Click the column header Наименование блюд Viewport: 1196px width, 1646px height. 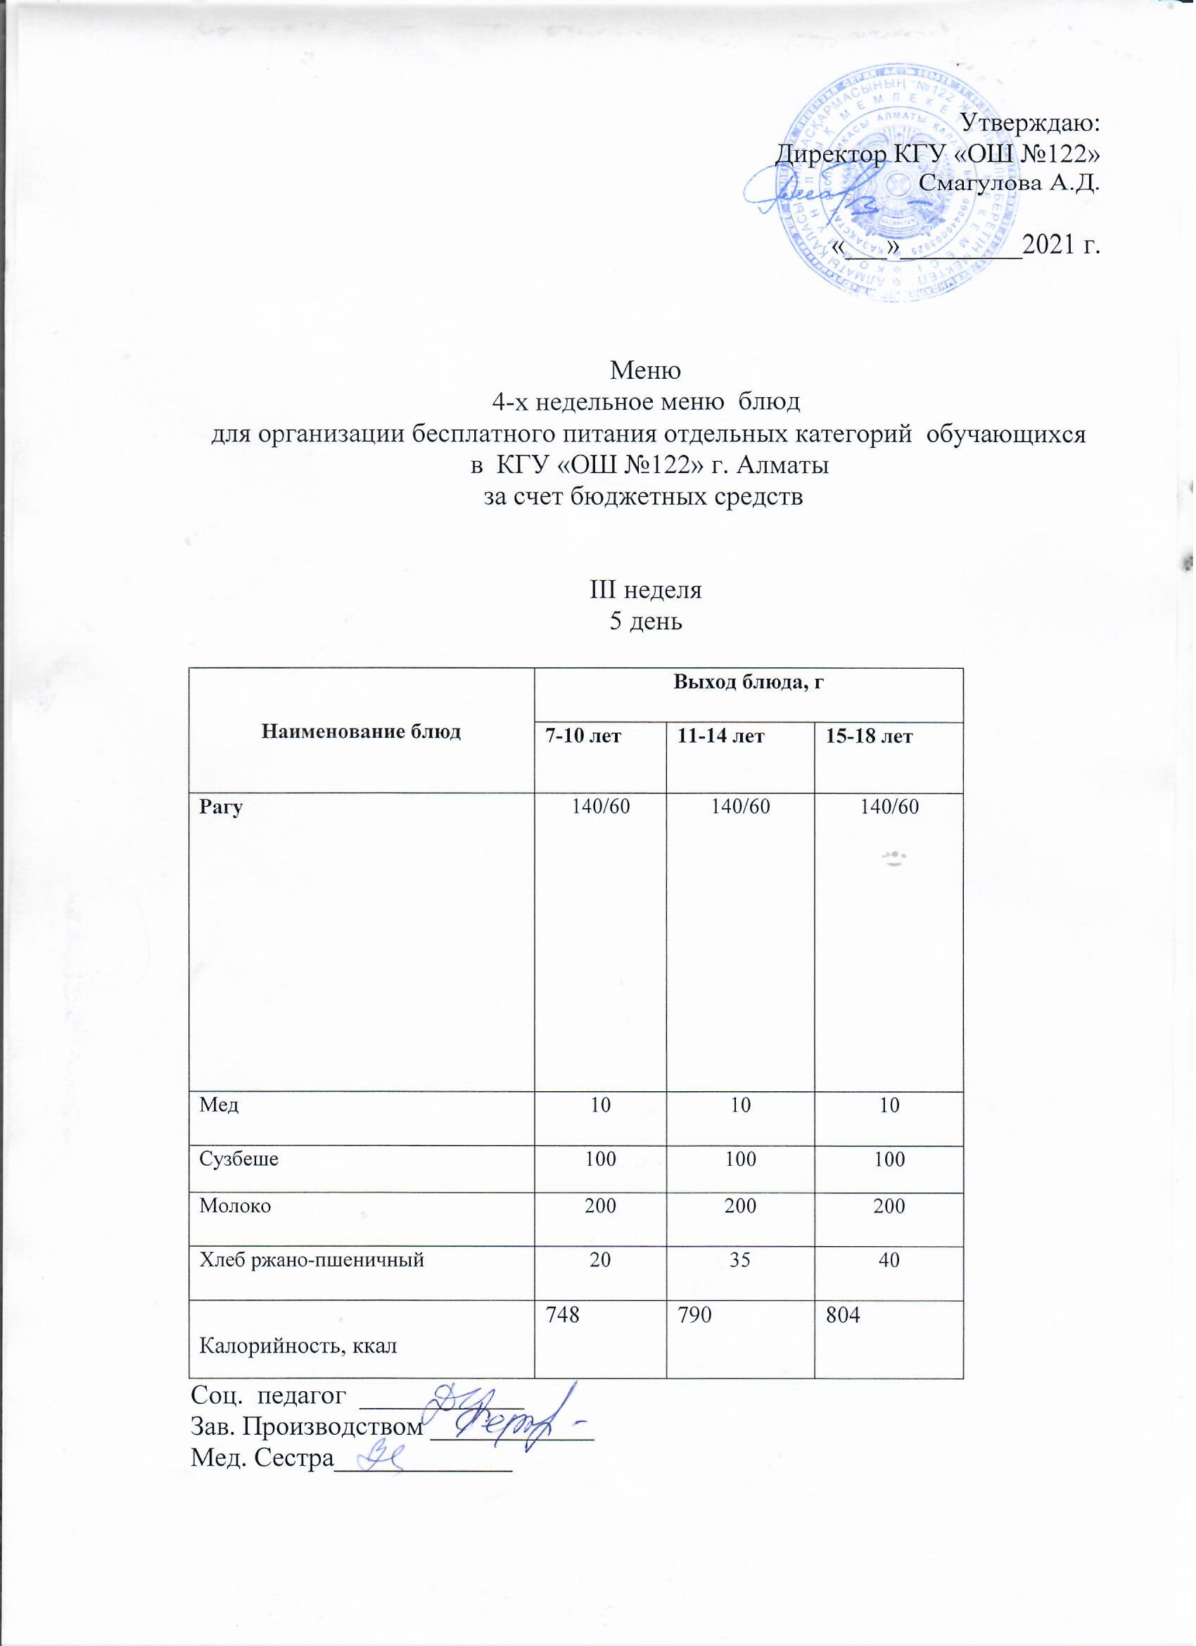click(x=360, y=731)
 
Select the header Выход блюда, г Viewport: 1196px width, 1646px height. click(x=749, y=681)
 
